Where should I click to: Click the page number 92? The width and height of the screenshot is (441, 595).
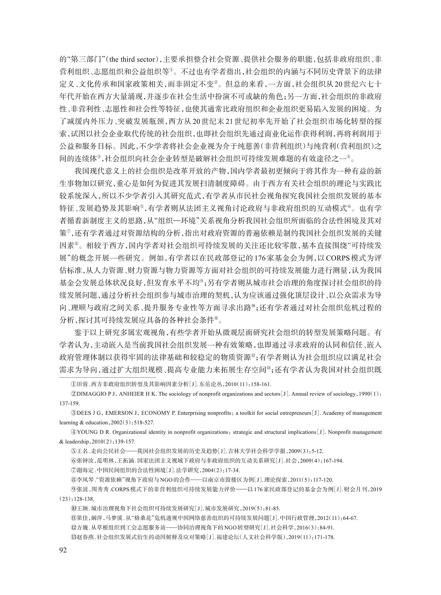pos(63,550)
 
